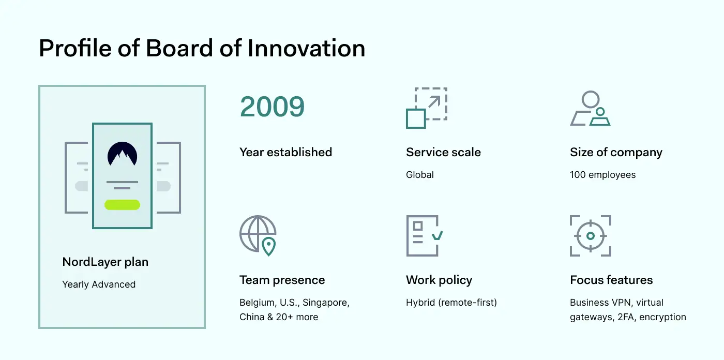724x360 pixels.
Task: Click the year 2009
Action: point(272,107)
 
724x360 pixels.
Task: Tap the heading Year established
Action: point(285,152)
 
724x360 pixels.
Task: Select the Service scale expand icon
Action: point(427,108)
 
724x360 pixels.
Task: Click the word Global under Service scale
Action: point(420,175)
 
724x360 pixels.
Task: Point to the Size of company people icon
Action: point(590,108)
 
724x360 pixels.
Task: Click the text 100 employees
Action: point(603,175)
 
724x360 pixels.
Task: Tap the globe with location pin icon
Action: point(258,235)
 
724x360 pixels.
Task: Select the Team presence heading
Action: point(282,280)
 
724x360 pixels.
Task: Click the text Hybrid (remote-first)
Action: point(451,303)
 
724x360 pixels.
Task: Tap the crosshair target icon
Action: point(591,235)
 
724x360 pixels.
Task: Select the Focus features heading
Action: point(611,280)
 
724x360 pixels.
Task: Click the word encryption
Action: point(662,317)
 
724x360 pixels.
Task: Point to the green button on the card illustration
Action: point(122,205)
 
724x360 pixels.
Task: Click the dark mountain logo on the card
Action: point(122,154)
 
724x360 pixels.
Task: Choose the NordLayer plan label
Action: point(105,262)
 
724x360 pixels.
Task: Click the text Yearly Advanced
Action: point(99,284)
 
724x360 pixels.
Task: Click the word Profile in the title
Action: point(76,48)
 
